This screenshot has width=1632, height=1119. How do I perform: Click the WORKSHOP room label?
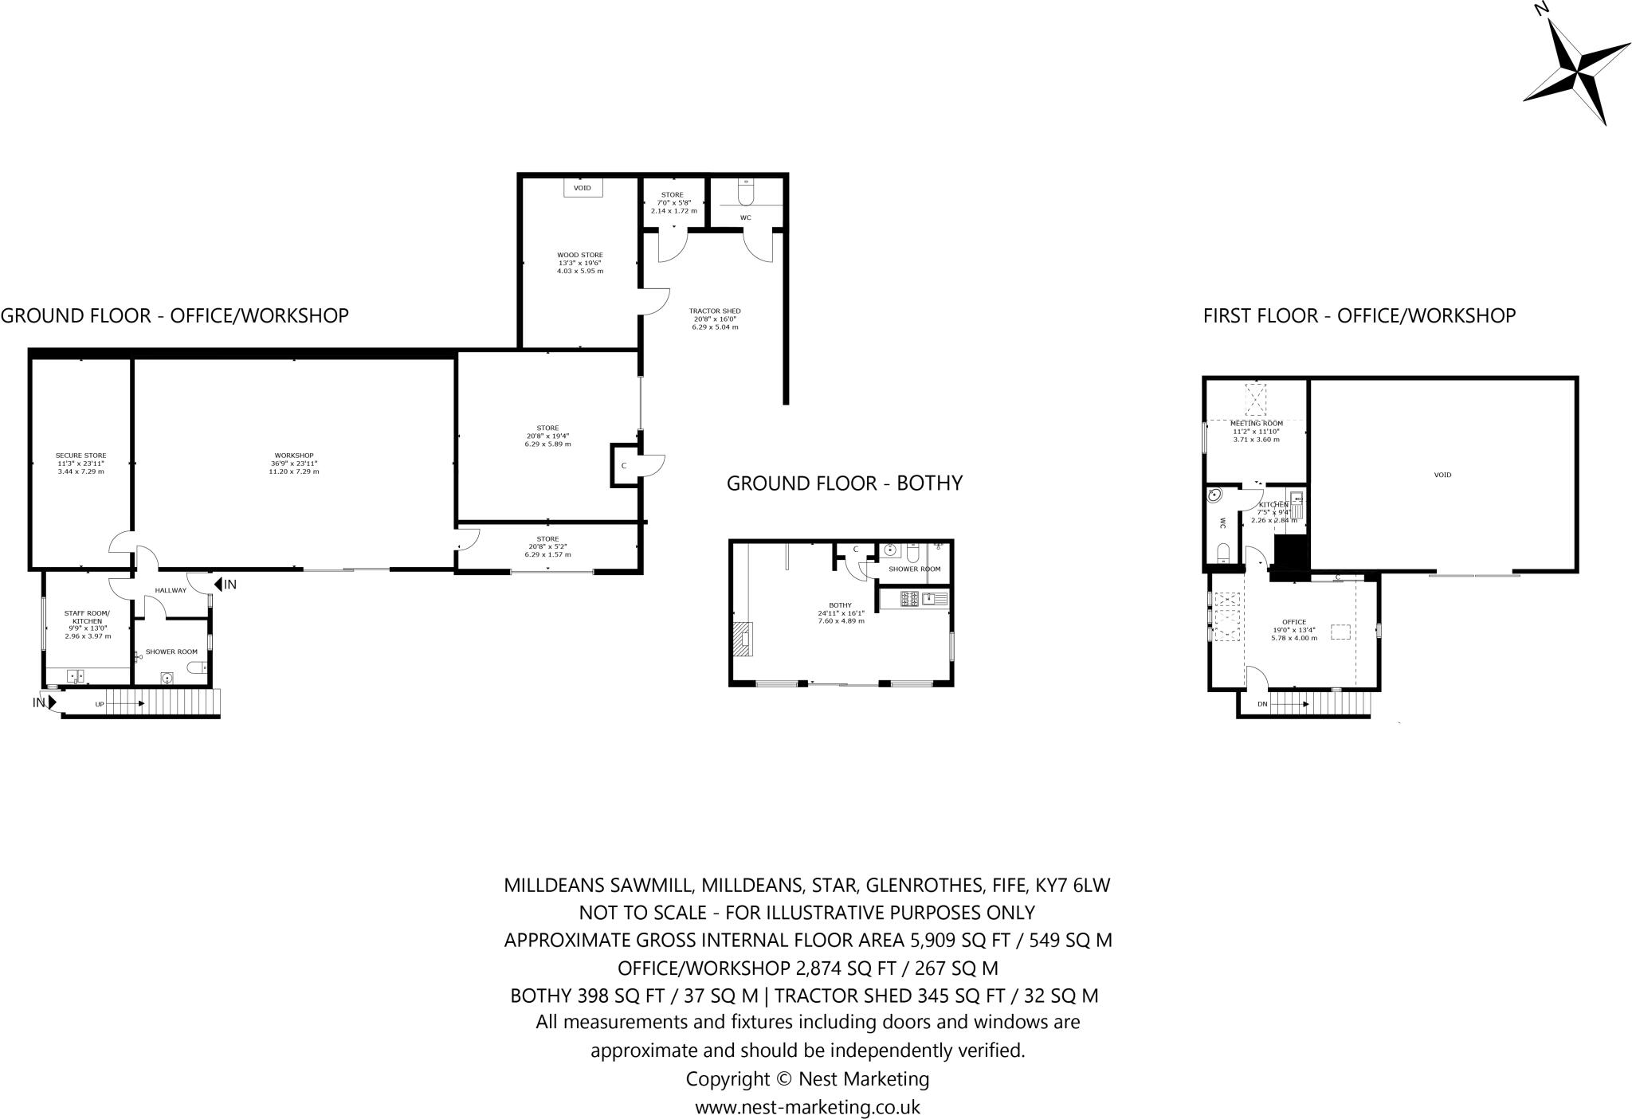click(x=293, y=456)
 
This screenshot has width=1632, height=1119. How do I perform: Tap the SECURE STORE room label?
click(x=80, y=456)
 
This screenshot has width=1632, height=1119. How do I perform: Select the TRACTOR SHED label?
click(x=715, y=311)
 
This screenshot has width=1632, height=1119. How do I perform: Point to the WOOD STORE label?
click(x=579, y=256)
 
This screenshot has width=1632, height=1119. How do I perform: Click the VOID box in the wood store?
click(x=583, y=188)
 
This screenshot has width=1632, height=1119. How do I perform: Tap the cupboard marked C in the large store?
click(x=623, y=466)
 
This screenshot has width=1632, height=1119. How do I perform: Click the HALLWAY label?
click(x=171, y=590)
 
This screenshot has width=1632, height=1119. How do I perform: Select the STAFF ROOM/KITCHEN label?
click(x=88, y=616)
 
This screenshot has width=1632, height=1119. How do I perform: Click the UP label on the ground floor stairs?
click(x=100, y=704)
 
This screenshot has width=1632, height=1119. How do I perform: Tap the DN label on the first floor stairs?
click(x=1262, y=704)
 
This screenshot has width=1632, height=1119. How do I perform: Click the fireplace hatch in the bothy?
click(x=742, y=639)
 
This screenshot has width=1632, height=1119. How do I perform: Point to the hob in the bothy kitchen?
click(x=909, y=597)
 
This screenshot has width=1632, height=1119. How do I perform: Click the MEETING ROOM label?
click(x=1257, y=424)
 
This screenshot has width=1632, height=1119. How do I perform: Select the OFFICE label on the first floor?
click(x=1294, y=622)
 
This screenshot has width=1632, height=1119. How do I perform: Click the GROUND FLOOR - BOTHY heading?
click(x=844, y=483)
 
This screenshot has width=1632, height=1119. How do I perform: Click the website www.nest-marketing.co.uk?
click(x=807, y=1107)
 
